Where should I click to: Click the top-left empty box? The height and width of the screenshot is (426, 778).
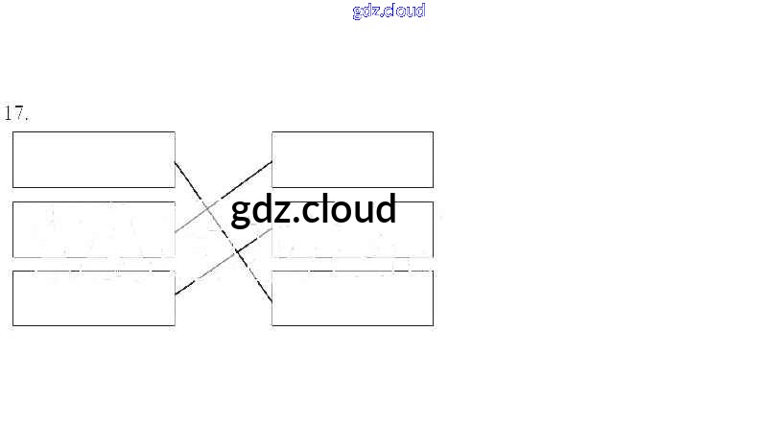click(93, 159)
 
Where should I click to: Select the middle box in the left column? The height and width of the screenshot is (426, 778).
click(93, 229)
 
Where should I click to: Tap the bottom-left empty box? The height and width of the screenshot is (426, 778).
click(93, 298)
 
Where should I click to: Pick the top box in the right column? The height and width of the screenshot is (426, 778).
click(352, 159)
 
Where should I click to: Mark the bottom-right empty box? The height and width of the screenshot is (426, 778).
click(352, 298)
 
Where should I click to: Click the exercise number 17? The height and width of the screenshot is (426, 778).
click(16, 113)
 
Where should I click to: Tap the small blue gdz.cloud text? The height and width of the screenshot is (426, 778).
click(389, 12)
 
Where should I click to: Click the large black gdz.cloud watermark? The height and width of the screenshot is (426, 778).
click(314, 208)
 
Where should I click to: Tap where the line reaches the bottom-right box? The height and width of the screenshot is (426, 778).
click(271, 300)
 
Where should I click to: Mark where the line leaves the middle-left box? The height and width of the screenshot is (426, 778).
click(176, 231)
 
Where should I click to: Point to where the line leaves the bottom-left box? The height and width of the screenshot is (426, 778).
click(176, 294)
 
